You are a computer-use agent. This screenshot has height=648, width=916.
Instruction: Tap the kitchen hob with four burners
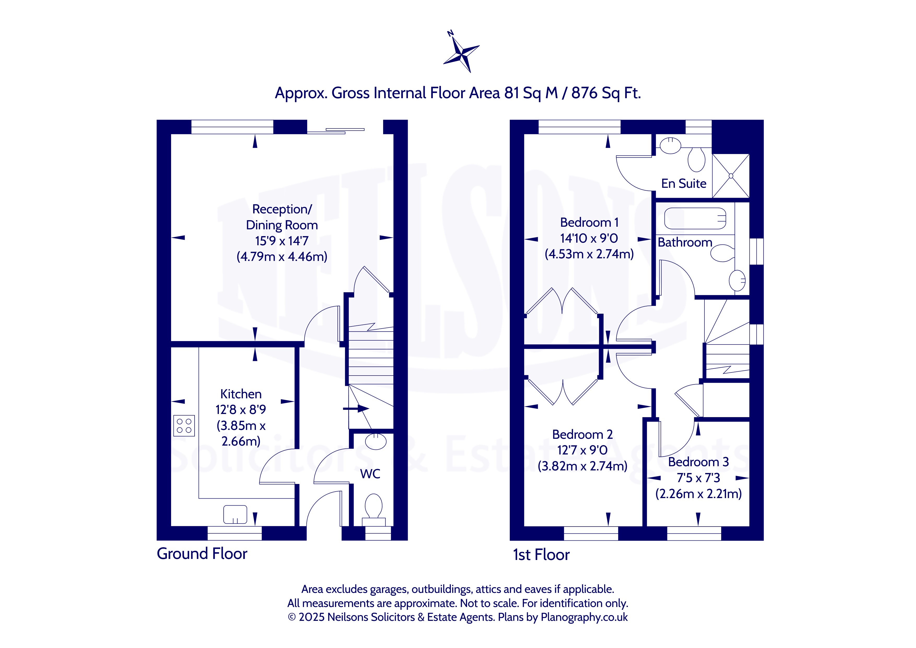(x=184, y=425)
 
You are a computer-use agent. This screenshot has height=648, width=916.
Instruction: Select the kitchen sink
(x=235, y=514)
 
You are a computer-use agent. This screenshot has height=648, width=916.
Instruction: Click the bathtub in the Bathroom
(x=695, y=218)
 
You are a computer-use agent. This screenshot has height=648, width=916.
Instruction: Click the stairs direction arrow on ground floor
(x=356, y=408)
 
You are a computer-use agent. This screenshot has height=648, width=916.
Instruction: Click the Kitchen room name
(x=241, y=394)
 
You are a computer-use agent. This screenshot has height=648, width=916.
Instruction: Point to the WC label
(x=370, y=474)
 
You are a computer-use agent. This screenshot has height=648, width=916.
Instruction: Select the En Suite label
(x=684, y=184)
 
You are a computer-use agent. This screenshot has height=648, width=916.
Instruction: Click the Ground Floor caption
(x=202, y=554)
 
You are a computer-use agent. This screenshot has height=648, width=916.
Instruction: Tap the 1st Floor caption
(x=541, y=555)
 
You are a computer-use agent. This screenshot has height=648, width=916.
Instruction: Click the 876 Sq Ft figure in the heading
(x=606, y=93)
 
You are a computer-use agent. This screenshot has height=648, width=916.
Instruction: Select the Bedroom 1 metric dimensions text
(x=589, y=254)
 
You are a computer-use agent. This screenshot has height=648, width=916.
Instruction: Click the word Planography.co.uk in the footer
(x=584, y=617)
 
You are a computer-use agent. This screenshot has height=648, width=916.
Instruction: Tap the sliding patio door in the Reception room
(x=336, y=131)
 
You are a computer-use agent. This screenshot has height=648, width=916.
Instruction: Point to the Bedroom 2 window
(x=591, y=534)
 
